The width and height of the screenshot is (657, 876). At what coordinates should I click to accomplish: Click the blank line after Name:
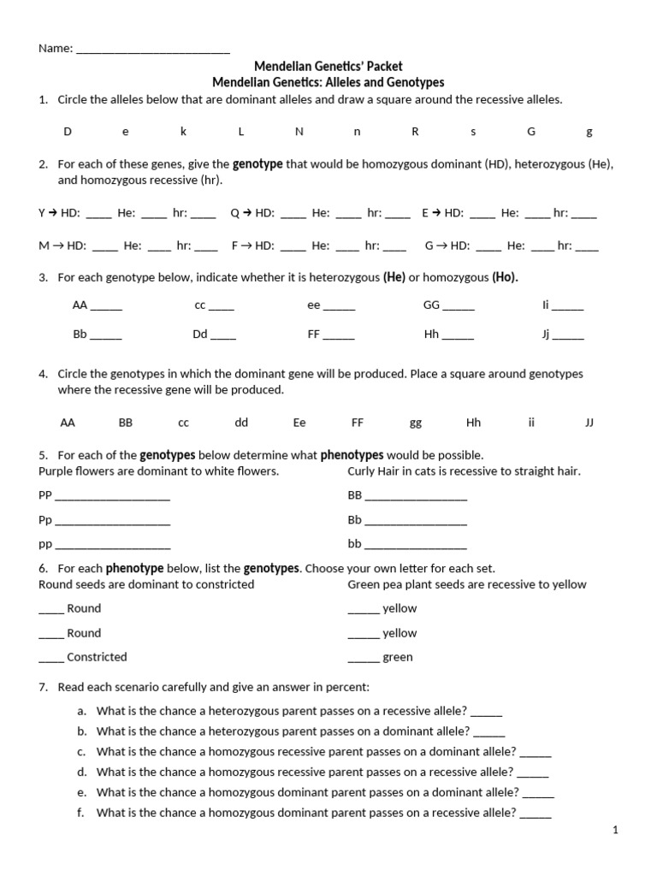pyautogui.click(x=153, y=50)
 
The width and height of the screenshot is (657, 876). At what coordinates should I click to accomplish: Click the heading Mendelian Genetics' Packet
pyautogui.click(x=328, y=66)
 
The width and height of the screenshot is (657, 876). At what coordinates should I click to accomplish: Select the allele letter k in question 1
pyautogui.click(x=183, y=132)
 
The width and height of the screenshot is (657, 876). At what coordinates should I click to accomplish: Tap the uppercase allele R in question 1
pyautogui.click(x=415, y=132)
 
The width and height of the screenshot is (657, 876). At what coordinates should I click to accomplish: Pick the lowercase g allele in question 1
pyautogui.click(x=589, y=132)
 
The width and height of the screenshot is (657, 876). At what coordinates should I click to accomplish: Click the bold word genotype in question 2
pyautogui.click(x=257, y=163)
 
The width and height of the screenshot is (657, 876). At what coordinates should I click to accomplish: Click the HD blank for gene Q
pyautogui.click(x=293, y=216)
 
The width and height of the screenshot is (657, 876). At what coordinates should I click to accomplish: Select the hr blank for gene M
pyautogui.click(x=205, y=246)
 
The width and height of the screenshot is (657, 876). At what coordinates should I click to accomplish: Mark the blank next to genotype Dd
pyautogui.click(x=223, y=335)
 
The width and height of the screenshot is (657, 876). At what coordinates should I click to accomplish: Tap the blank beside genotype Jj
pyautogui.click(x=568, y=335)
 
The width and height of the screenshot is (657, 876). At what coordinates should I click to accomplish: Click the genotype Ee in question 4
pyautogui.click(x=299, y=423)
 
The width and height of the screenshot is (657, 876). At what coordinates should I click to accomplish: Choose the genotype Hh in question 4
pyautogui.click(x=473, y=423)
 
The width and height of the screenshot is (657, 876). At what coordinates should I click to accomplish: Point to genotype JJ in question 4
pyautogui.click(x=589, y=423)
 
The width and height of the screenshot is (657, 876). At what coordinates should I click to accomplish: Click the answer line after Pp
pyautogui.click(x=112, y=521)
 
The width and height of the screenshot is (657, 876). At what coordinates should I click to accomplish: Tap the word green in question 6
pyautogui.click(x=397, y=657)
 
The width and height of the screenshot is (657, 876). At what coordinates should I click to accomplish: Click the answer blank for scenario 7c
pyautogui.click(x=536, y=753)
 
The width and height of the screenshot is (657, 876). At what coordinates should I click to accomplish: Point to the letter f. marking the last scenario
pyautogui.click(x=80, y=813)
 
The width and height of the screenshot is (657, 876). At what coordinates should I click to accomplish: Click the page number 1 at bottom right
pyautogui.click(x=614, y=830)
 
